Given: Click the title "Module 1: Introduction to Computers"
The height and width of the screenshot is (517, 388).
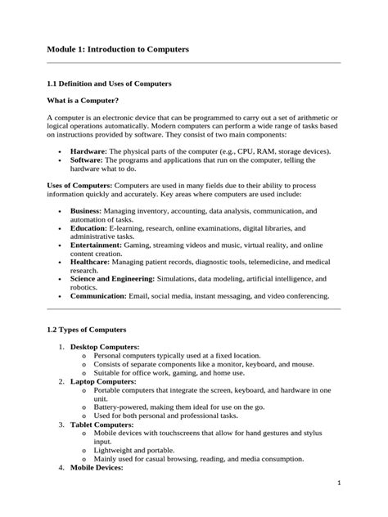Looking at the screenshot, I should click(118, 50).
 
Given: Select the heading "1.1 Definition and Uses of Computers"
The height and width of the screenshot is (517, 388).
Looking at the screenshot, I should click(109, 83).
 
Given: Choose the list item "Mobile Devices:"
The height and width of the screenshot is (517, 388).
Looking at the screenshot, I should click(97, 468).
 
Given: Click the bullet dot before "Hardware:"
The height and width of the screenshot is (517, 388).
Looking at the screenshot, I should click(61, 152).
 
